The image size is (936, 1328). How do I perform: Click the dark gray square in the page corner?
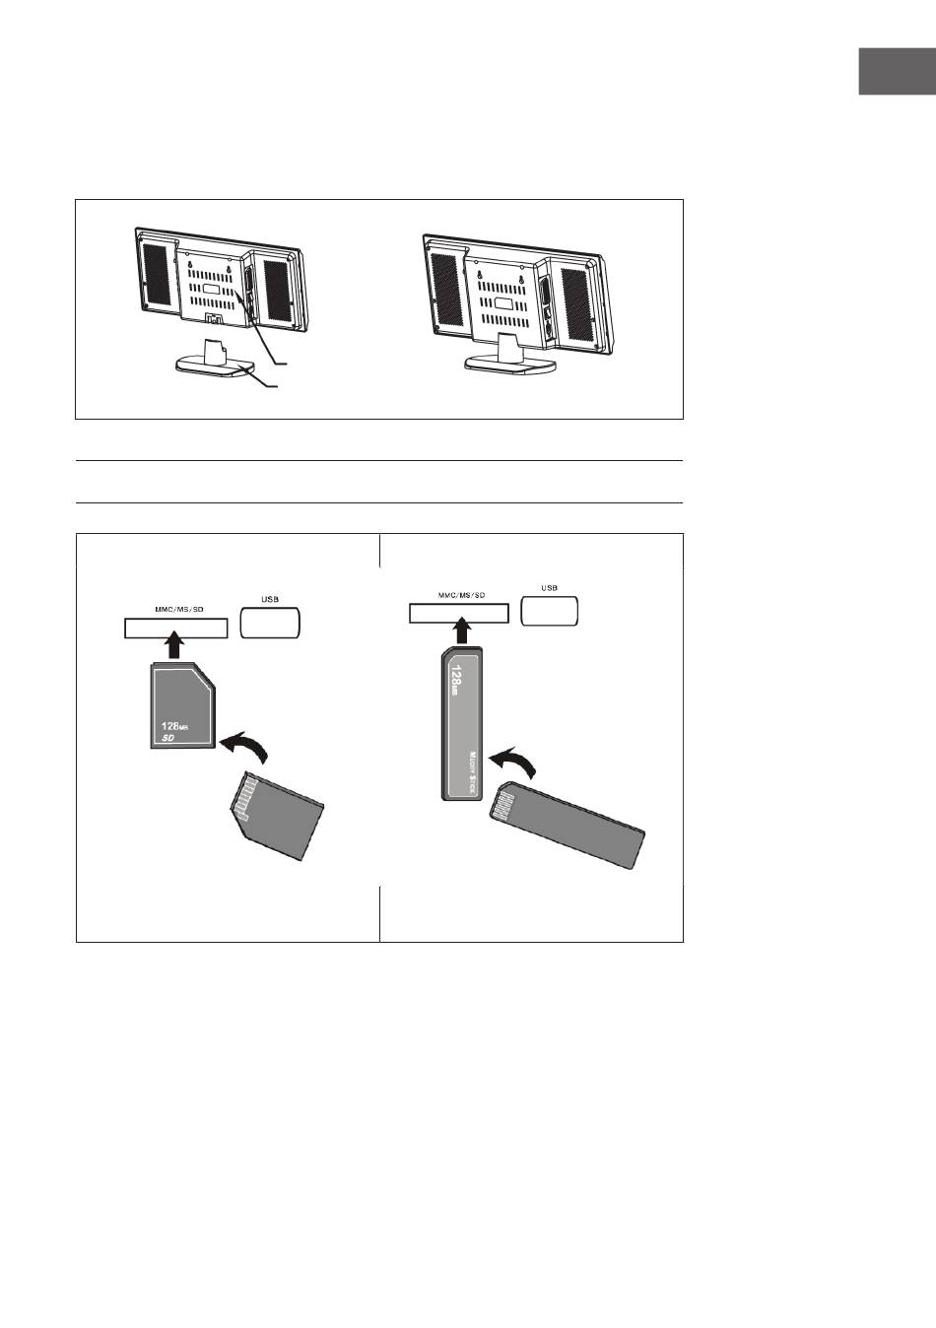(x=897, y=72)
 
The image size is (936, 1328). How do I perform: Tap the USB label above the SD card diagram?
(x=270, y=599)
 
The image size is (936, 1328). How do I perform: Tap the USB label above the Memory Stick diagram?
(x=549, y=588)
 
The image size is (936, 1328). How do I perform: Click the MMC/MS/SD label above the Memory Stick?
(x=461, y=595)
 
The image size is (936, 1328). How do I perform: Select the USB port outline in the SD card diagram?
(x=270, y=623)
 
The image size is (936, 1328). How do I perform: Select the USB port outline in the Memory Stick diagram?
(x=549, y=611)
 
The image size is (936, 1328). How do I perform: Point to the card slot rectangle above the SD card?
(x=176, y=629)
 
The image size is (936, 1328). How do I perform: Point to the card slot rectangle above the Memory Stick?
(x=459, y=614)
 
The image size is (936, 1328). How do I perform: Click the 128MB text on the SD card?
(x=174, y=726)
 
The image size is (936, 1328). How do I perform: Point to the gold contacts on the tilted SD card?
(x=244, y=797)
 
